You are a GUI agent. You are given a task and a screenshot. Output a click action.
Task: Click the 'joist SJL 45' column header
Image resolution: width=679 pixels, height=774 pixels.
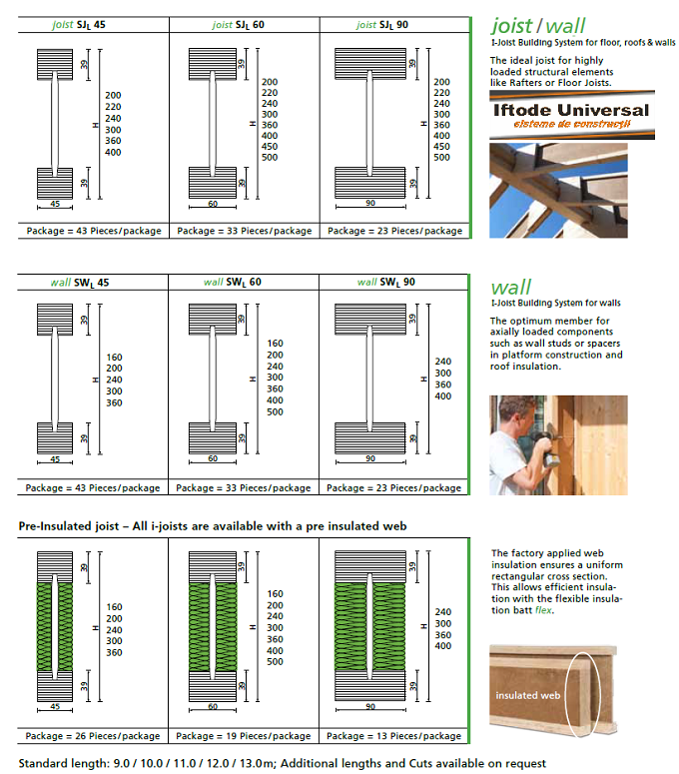point(93,24)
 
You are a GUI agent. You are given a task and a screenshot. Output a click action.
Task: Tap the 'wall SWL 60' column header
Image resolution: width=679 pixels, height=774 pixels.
point(243,282)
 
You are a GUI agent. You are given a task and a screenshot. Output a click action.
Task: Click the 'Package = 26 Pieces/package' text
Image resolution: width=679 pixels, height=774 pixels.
point(93,736)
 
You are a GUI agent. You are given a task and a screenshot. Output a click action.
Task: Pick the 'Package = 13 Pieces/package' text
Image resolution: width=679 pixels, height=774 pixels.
point(394,736)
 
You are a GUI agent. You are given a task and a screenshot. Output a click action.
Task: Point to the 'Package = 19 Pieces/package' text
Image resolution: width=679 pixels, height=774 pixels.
point(244,736)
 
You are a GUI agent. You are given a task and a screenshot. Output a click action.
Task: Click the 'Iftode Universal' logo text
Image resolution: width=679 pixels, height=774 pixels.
point(571,111)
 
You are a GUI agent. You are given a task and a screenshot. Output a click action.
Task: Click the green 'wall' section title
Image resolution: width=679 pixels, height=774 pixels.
point(510,287)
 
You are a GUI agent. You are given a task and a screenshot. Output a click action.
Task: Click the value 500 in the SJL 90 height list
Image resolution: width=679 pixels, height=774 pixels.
point(441,158)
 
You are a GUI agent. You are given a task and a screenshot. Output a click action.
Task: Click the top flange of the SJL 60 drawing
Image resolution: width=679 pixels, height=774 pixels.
point(211,68)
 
